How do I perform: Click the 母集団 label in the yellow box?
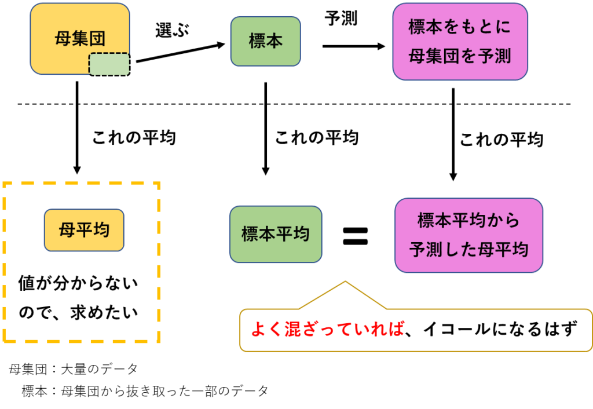(80, 40)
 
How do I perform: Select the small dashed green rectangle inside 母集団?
(109, 64)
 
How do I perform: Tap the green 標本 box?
(265, 41)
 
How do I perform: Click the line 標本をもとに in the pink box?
(460, 28)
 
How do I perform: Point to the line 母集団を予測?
(460, 56)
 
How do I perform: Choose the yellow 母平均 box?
(84, 230)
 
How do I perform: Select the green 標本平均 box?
(275, 234)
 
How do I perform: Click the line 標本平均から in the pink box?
(468, 221)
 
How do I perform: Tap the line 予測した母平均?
(468, 250)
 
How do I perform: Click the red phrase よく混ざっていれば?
(327, 330)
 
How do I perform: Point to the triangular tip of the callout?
(345, 283)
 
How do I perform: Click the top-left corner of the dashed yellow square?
(5, 184)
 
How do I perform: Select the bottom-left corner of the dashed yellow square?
(5, 341)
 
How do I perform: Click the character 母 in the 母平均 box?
(67, 230)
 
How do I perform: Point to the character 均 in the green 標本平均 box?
(300, 234)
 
